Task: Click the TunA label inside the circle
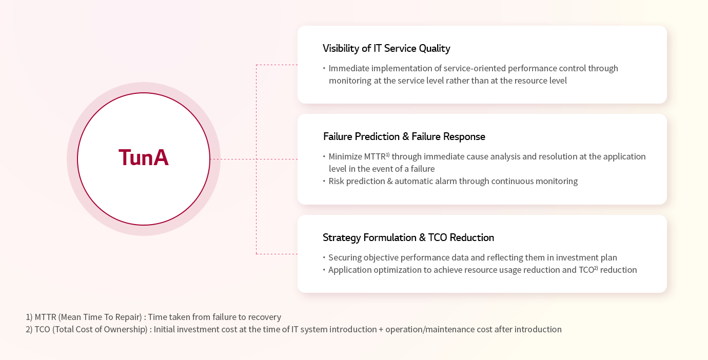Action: pyautogui.click(x=144, y=157)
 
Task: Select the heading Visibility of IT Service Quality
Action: pyautogui.click(x=386, y=48)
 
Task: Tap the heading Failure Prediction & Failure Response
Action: pyautogui.click(x=404, y=136)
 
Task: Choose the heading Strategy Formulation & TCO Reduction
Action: pyautogui.click(x=408, y=237)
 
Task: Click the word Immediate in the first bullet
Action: pyautogui.click(x=349, y=68)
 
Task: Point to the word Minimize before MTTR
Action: pyautogui.click(x=345, y=156)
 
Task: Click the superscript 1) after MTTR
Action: pyautogui.click(x=387, y=154)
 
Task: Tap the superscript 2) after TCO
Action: pyautogui.click(x=596, y=268)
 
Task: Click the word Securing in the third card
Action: pyautogui.click(x=345, y=257)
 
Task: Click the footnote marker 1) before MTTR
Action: pyautogui.click(x=29, y=317)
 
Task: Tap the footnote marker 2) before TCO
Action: pyautogui.click(x=29, y=329)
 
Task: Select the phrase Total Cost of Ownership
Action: pyautogui.click(x=100, y=329)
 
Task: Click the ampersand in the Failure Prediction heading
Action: pyautogui.click(x=405, y=136)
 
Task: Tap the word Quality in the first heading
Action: pyautogui.click(x=435, y=49)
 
